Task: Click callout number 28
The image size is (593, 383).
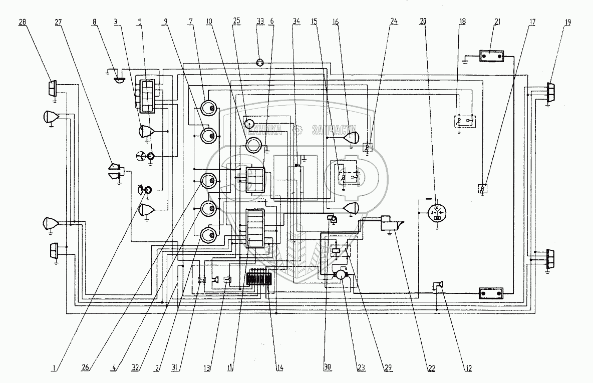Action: point(23,23)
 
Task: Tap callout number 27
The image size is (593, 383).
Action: point(58,23)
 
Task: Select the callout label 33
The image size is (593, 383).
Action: point(260,23)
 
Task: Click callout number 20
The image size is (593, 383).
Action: point(423,23)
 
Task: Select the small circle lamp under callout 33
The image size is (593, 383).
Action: point(260,63)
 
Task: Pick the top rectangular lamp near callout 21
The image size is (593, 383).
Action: point(490,56)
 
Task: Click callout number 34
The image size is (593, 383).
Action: point(296,23)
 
